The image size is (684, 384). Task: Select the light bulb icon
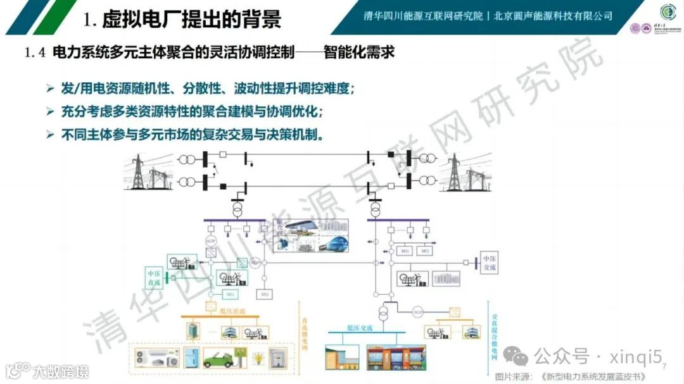pos(258,357)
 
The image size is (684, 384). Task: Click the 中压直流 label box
pos(155,278)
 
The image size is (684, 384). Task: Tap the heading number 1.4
pos(35,53)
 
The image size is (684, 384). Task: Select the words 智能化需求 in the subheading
pos(359,53)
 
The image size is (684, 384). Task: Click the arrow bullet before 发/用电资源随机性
pos(50,88)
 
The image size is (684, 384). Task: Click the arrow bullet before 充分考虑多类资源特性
pos(50,111)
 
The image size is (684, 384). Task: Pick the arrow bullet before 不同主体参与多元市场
pos(50,135)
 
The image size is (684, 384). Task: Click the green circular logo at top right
pos(668,12)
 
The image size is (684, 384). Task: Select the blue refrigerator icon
pos(189,356)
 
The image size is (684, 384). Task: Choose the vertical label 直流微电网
pos(304,330)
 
